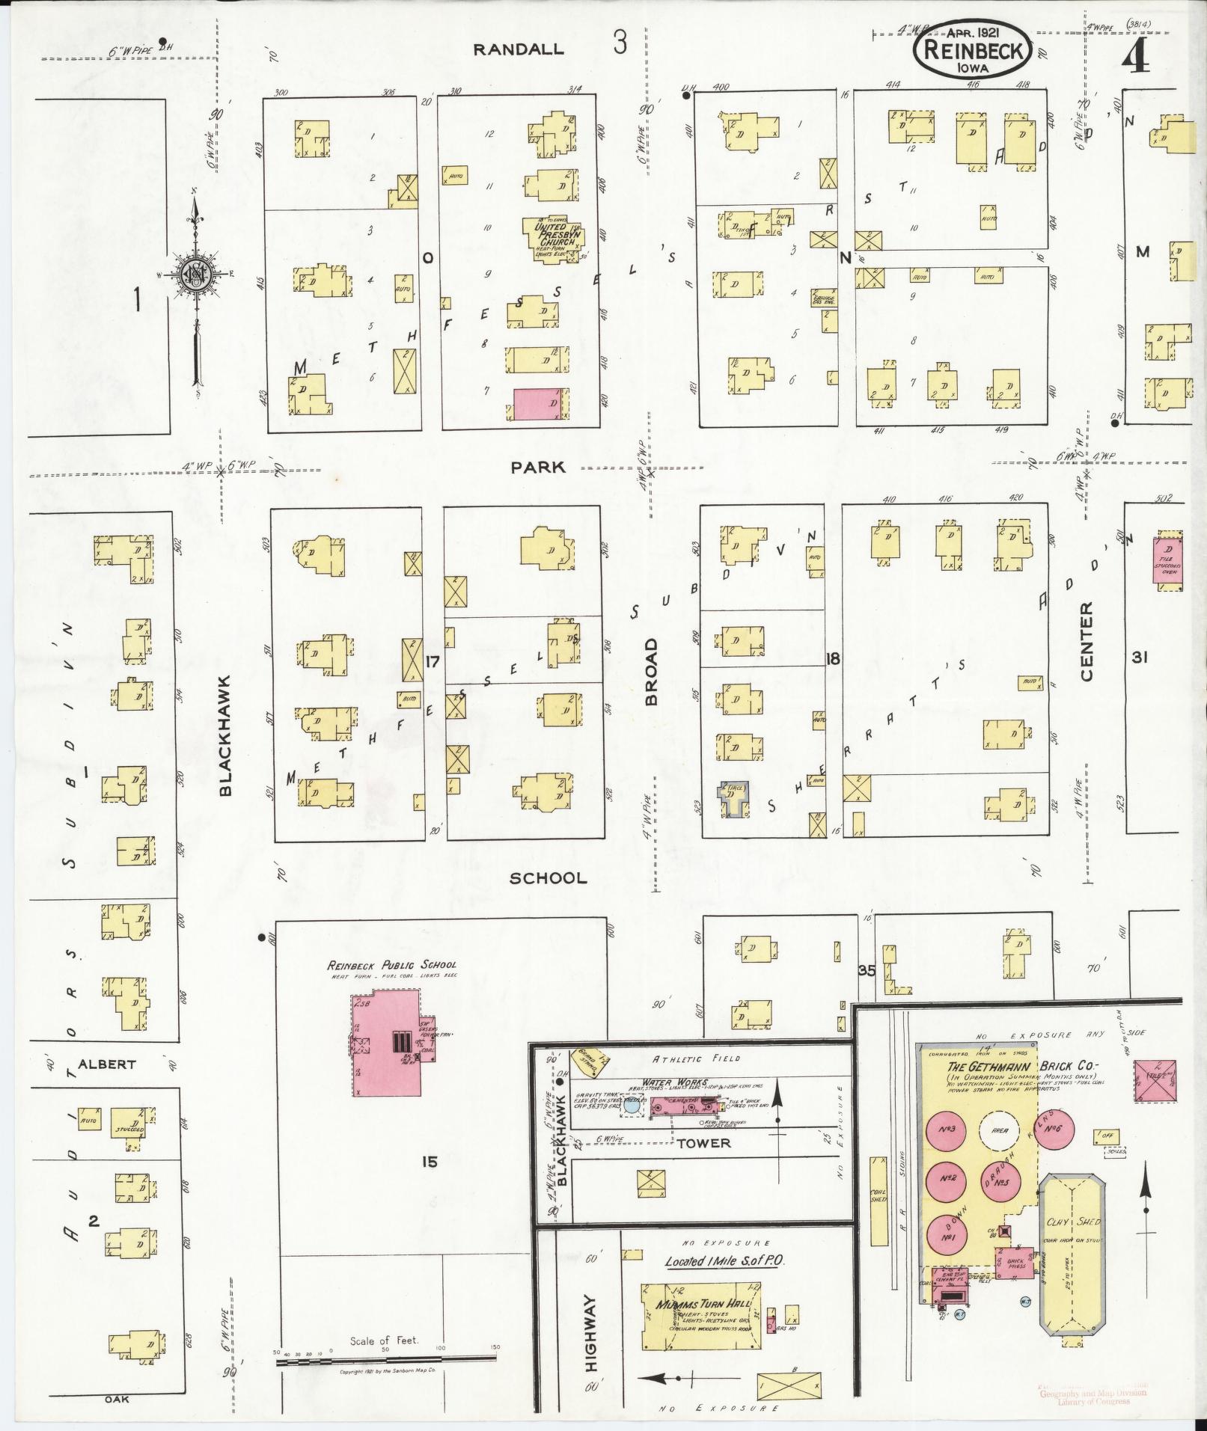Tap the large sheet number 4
click(x=1137, y=55)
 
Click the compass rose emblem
click(x=194, y=276)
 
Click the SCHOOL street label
click(x=548, y=877)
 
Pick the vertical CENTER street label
click(x=1086, y=642)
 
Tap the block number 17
click(x=432, y=661)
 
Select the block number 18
click(x=833, y=659)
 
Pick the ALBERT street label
click(x=106, y=1064)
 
